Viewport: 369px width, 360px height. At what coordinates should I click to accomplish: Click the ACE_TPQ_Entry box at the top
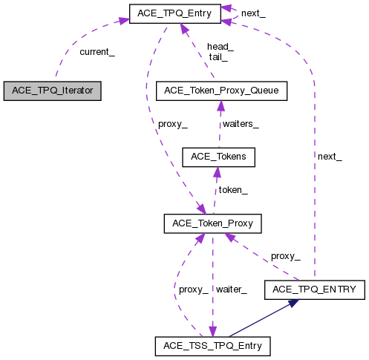point(175,13)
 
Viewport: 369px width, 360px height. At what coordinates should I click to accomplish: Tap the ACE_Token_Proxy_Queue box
point(222,91)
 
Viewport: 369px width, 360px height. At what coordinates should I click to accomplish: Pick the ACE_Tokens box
point(219,157)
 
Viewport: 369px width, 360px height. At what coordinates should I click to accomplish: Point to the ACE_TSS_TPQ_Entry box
point(213,345)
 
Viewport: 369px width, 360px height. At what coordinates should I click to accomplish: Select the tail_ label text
point(218,56)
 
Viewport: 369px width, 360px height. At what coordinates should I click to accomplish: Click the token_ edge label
point(232,189)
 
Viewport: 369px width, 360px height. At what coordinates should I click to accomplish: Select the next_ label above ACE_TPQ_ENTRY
point(330,156)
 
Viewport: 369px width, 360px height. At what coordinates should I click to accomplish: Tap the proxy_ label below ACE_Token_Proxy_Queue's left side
point(173,123)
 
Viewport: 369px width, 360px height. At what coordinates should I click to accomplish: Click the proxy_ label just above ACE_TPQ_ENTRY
point(285,255)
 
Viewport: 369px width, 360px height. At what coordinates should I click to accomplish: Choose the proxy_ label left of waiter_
point(194,289)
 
